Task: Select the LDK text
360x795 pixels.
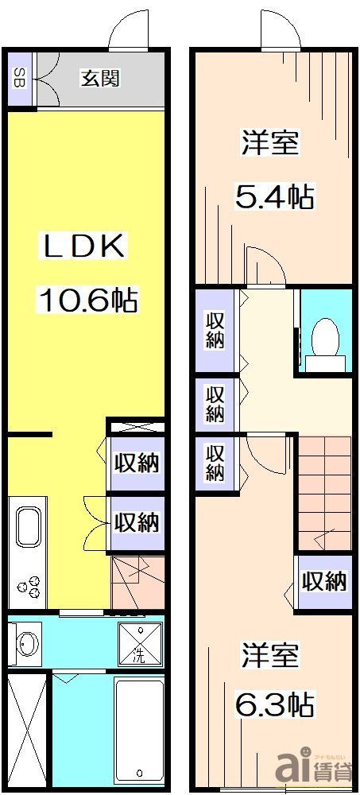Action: pyautogui.click(x=83, y=246)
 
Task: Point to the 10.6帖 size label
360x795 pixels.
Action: pyautogui.click(x=87, y=301)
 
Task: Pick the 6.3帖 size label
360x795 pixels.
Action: pyautogui.click(x=274, y=703)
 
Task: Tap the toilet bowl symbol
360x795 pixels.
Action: pyautogui.click(x=324, y=339)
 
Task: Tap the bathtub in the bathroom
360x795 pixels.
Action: pyautogui.click(x=138, y=727)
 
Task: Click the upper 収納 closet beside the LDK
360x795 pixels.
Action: pyautogui.click(x=136, y=463)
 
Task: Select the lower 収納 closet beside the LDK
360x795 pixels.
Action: pyautogui.click(x=136, y=522)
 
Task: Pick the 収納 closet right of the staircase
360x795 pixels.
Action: pyautogui.click(x=324, y=581)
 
